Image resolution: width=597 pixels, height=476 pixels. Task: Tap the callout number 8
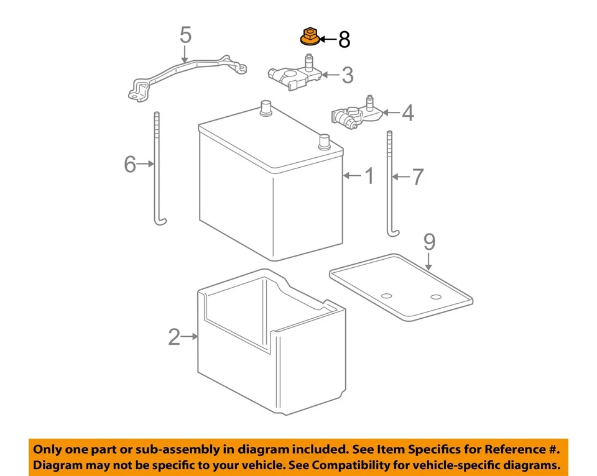coord(344,40)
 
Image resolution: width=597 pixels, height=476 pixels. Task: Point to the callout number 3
coord(347,75)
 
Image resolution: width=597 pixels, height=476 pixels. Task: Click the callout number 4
coord(407,112)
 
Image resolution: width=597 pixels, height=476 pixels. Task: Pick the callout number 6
coord(129,164)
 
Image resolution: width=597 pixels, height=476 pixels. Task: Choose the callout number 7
coord(417,177)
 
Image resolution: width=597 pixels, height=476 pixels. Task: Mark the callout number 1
coord(369,176)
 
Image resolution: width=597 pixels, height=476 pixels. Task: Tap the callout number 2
coord(174,337)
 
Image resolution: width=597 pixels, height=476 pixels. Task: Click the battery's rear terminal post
coord(266,107)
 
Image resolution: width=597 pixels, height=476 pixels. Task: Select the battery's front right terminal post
coord(323,141)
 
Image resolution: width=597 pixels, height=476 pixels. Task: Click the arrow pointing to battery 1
coord(351,176)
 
